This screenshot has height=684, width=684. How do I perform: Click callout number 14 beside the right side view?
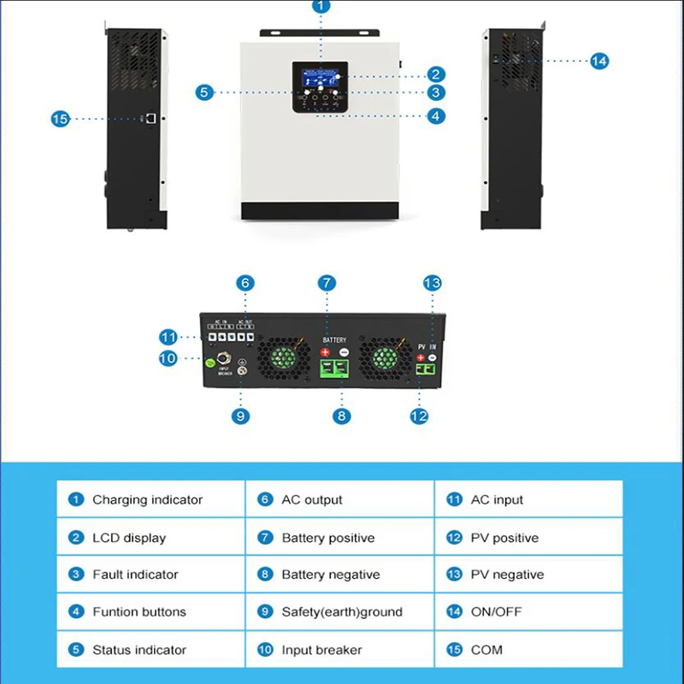click(599, 61)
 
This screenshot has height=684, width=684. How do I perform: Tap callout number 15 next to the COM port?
click(59, 120)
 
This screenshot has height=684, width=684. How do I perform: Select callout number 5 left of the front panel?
click(203, 92)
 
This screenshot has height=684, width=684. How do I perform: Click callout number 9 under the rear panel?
click(241, 416)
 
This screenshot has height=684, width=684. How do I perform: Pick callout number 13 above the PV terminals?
click(432, 283)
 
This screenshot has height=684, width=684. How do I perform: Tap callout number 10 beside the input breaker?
click(168, 359)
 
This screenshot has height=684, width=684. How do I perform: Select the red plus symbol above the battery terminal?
click(325, 352)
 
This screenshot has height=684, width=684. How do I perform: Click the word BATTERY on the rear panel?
click(334, 339)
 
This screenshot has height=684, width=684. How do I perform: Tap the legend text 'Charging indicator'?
click(147, 500)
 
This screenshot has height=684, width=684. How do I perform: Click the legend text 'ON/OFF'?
click(496, 612)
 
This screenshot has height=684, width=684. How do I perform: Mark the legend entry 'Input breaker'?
click(321, 650)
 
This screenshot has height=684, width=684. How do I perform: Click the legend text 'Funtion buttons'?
click(139, 612)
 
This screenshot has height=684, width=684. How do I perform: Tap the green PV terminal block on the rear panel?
click(425, 370)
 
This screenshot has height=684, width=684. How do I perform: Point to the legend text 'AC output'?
click(311, 500)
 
